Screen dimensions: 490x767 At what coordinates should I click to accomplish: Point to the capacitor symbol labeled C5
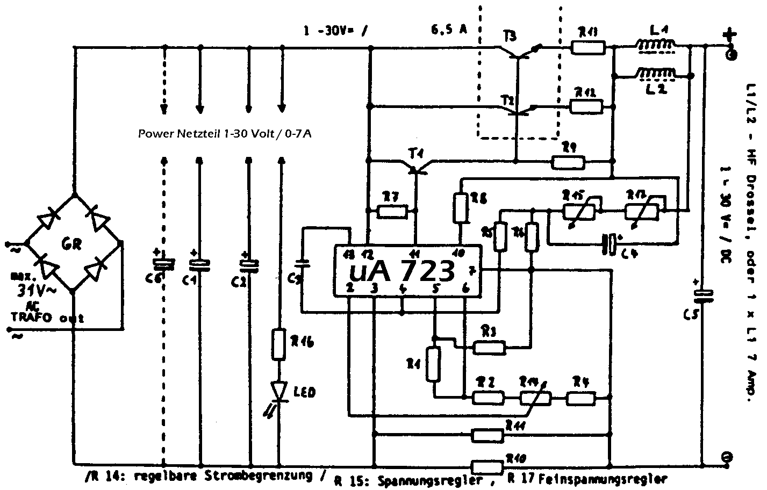coord(702,294)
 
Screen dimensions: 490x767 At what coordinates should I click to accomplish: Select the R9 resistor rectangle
coord(569,161)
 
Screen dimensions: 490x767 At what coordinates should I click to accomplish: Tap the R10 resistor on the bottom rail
coord(488,465)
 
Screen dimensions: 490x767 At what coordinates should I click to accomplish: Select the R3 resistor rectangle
coord(489,348)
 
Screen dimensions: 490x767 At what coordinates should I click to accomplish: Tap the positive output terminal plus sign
coord(728,36)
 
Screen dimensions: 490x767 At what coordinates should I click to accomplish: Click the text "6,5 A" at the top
coord(448,30)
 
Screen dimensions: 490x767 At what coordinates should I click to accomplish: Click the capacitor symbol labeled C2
coord(249,264)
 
